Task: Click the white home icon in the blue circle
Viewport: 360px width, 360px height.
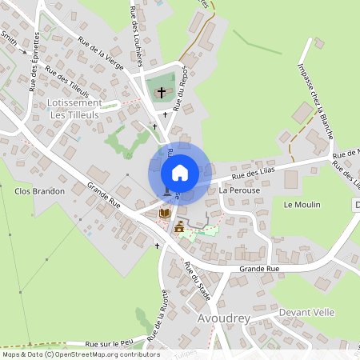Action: [179, 172]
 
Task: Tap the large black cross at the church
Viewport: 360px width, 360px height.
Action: [162, 93]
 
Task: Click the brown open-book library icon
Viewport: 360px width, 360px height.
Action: [164, 214]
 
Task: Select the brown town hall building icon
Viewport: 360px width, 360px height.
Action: [178, 228]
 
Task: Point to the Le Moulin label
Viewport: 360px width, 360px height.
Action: [302, 205]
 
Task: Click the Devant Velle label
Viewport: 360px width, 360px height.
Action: [307, 312]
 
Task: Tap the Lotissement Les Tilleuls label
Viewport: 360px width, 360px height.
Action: [74, 109]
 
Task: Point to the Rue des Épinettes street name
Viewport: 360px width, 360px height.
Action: [36, 62]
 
